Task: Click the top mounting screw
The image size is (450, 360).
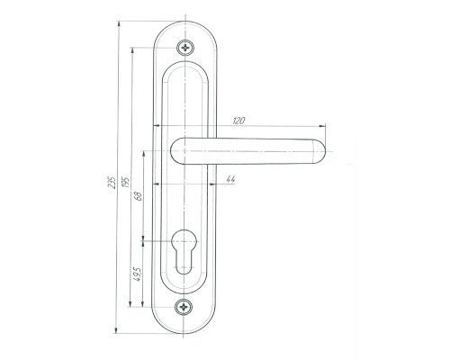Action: pos(185,48)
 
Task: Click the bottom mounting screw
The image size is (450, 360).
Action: pos(184,307)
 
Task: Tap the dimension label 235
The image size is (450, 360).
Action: pos(112,182)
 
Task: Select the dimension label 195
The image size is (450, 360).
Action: pos(126,181)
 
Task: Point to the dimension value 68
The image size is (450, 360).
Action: pos(139,196)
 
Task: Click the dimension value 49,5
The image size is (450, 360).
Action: pos(138,274)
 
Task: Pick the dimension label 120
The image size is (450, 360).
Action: pos(239,121)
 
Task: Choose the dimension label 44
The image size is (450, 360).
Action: pos(230,179)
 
